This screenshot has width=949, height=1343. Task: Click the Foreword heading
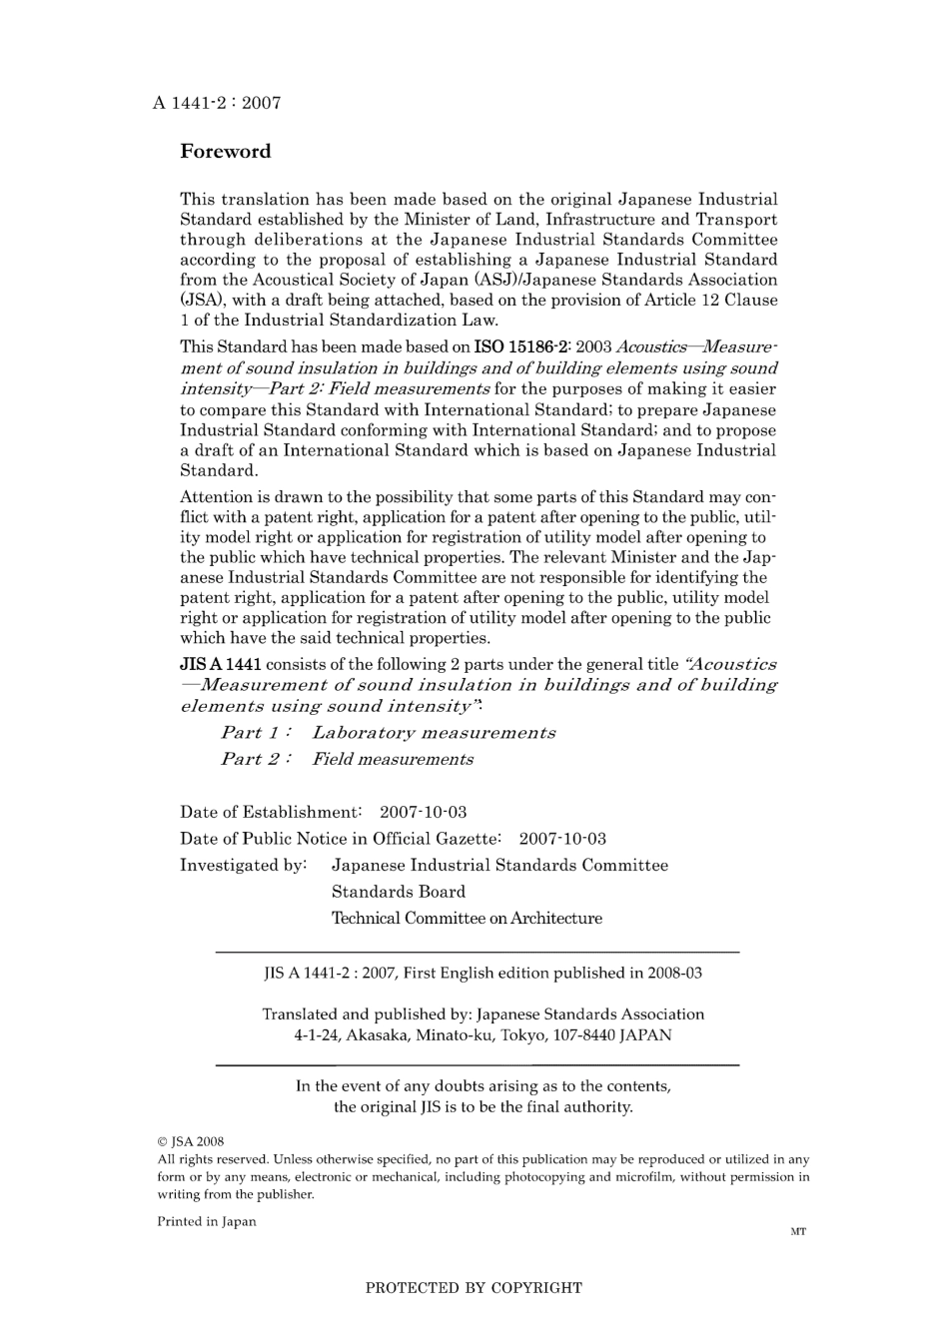tap(225, 152)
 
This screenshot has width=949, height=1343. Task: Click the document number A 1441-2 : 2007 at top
tap(217, 103)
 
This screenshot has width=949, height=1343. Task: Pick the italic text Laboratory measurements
tap(434, 733)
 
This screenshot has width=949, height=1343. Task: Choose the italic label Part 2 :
tap(256, 759)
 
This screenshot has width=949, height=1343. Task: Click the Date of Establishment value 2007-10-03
tap(423, 812)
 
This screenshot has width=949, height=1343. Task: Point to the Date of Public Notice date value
tap(562, 839)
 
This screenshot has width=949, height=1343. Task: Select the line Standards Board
tap(398, 892)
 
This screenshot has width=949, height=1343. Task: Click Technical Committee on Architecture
tap(467, 919)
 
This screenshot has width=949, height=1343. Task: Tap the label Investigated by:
tap(243, 865)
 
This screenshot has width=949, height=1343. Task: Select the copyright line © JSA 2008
tap(191, 1141)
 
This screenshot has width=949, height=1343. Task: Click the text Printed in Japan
tap(207, 1221)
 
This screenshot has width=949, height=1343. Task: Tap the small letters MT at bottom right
tap(797, 1232)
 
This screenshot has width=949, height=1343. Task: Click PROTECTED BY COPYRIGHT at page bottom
tap(474, 1288)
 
